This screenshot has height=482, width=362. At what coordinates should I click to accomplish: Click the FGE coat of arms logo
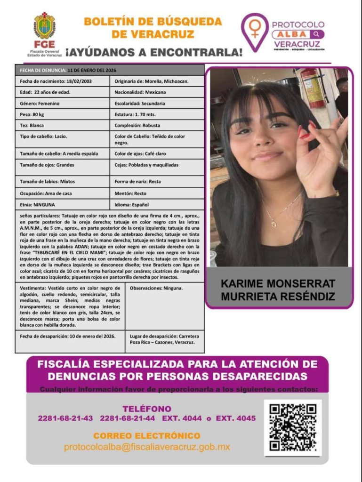pos(44,26)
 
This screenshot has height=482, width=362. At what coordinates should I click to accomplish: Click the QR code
pos(292,427)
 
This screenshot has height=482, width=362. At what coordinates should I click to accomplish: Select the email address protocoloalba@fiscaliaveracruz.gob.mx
pos(147,447)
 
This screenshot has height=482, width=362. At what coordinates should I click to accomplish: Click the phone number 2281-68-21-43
pos(65,418)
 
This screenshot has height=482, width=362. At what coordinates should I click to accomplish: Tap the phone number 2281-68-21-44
pos(127,418)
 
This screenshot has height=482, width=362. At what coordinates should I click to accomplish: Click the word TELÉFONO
pos(147,409)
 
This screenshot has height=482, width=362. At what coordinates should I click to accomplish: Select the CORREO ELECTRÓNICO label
pos(147,436)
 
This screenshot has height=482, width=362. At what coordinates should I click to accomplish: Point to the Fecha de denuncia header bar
pos(110,70)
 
